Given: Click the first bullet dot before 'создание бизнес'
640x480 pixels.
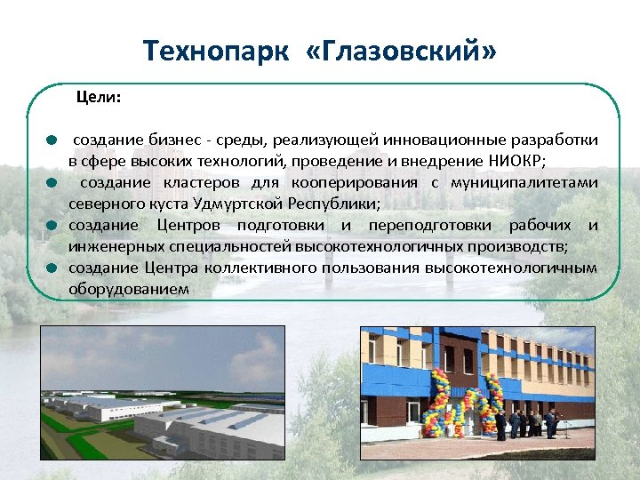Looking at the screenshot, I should coord(52,140).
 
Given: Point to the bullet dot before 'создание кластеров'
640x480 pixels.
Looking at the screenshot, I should coord(52,183).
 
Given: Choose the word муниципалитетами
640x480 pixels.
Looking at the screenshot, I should coord(524,182).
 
